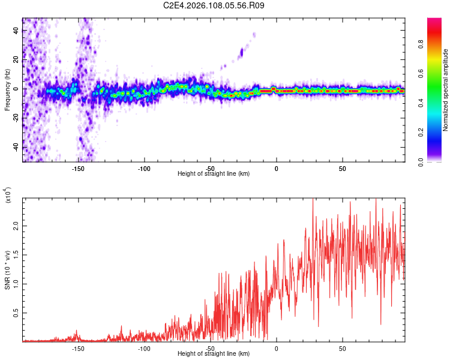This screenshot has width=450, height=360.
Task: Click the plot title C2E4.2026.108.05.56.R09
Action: (214, 6)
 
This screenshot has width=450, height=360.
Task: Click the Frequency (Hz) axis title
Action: (7, 90)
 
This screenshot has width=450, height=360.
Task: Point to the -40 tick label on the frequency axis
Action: (15, 147)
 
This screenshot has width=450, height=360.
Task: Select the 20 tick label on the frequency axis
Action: (15, 59)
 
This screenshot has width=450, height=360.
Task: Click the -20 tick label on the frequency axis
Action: (15, 118)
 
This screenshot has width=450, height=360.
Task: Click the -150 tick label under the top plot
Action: (78, 169)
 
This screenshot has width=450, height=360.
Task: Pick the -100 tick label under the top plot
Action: (144, 169)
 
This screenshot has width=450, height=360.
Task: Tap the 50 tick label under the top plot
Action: (342, 169)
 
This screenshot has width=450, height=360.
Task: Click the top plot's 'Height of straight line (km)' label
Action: (214, 174)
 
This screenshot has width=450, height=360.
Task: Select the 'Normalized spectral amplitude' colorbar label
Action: (446, 90)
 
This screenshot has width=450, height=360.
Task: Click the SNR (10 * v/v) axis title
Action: (7, 269)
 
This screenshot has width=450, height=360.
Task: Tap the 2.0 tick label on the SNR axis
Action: (15, 226)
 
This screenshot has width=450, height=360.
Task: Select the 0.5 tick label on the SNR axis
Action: (15, 313)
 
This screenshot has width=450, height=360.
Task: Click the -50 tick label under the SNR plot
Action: (210, 349)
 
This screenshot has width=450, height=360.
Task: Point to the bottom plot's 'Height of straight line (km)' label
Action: (214, 354)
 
